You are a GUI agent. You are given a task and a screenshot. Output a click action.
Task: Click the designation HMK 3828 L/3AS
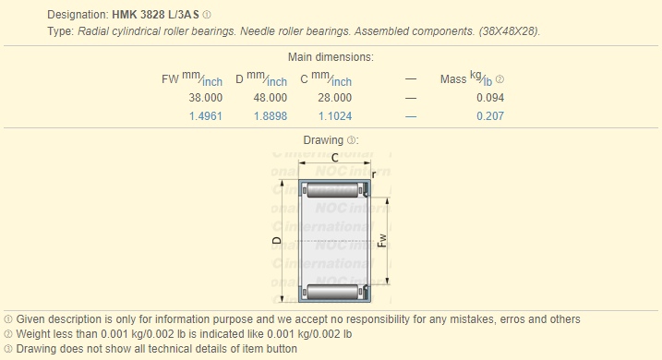click(155, 15)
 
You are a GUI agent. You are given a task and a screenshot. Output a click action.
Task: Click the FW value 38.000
click(206, 98)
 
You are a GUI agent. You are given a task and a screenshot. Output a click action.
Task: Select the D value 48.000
click(271, 98)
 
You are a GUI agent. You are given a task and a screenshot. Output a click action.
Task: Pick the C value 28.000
click(335, 98)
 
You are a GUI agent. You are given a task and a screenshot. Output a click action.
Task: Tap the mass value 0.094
click(490, 98)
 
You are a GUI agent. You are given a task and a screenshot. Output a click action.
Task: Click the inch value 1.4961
click(206, 116)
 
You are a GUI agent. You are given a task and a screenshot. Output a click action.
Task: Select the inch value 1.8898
click(271, 116)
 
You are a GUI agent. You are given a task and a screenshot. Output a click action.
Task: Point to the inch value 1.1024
click(335, 116)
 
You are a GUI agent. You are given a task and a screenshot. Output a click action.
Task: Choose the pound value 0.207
click(490, 116)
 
